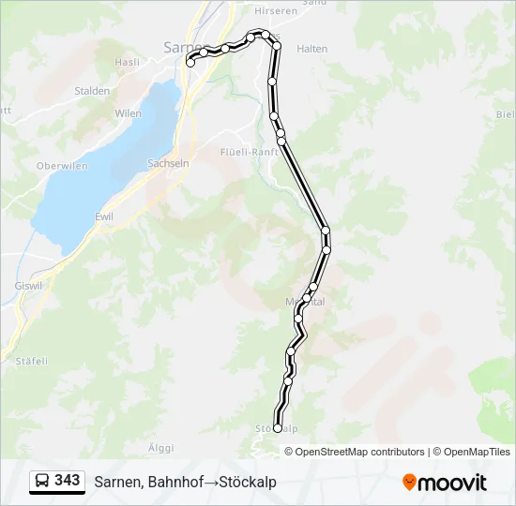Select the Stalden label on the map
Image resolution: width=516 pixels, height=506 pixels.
[92, 91]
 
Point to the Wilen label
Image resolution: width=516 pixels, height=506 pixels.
[128, 113]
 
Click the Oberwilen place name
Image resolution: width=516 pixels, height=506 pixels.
[61, 166]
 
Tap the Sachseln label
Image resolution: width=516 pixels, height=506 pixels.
[168, 163]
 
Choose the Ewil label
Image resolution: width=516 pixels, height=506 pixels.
[104, 216]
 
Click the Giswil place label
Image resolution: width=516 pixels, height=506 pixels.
[29, 285]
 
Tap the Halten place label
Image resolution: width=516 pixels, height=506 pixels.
[311, 49]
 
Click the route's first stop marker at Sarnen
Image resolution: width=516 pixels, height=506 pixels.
[190, 64]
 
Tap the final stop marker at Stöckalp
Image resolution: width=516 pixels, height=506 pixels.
[277, 428]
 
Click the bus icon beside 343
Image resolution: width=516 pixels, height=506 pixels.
[42, 482]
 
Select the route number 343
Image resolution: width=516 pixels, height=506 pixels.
[68, 481]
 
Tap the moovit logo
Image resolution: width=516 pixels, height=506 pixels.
[445, 483]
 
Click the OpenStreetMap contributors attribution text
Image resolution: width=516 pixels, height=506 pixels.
[360, 452]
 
